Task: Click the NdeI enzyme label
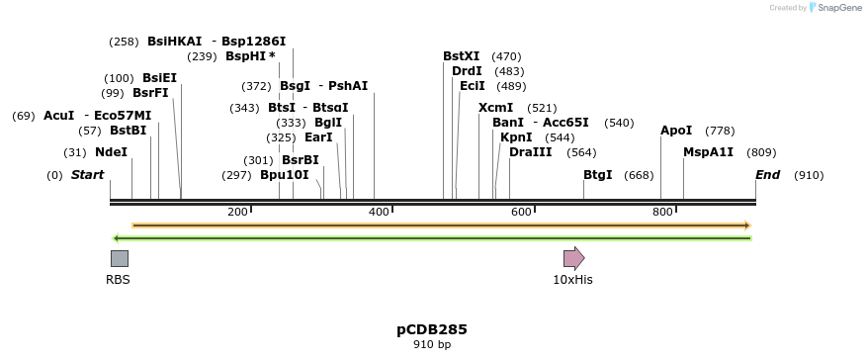tap(111, 152)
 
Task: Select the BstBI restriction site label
tap(128, 131)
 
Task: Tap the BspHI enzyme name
tap(246, 56)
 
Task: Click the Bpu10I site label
tap(285, 175)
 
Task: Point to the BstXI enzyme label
tap(461, 56)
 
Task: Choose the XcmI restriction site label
tap(496, 108)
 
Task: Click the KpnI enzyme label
tap(516, 137)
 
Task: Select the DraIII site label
tap(531, 152)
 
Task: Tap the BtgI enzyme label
tap(597, 175)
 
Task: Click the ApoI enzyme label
tap(676, 131)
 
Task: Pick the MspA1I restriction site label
tap(709, 152)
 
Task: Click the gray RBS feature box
tap(119, 259)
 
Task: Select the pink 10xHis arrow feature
tap(573, 259)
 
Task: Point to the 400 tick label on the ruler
tap(380, 213)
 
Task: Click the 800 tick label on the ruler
tap(662, 213)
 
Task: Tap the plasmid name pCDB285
tap(432, 329)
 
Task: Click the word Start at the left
tap(87, 175)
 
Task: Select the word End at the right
tap(768, 175)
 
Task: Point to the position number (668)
tap(640, 175)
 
